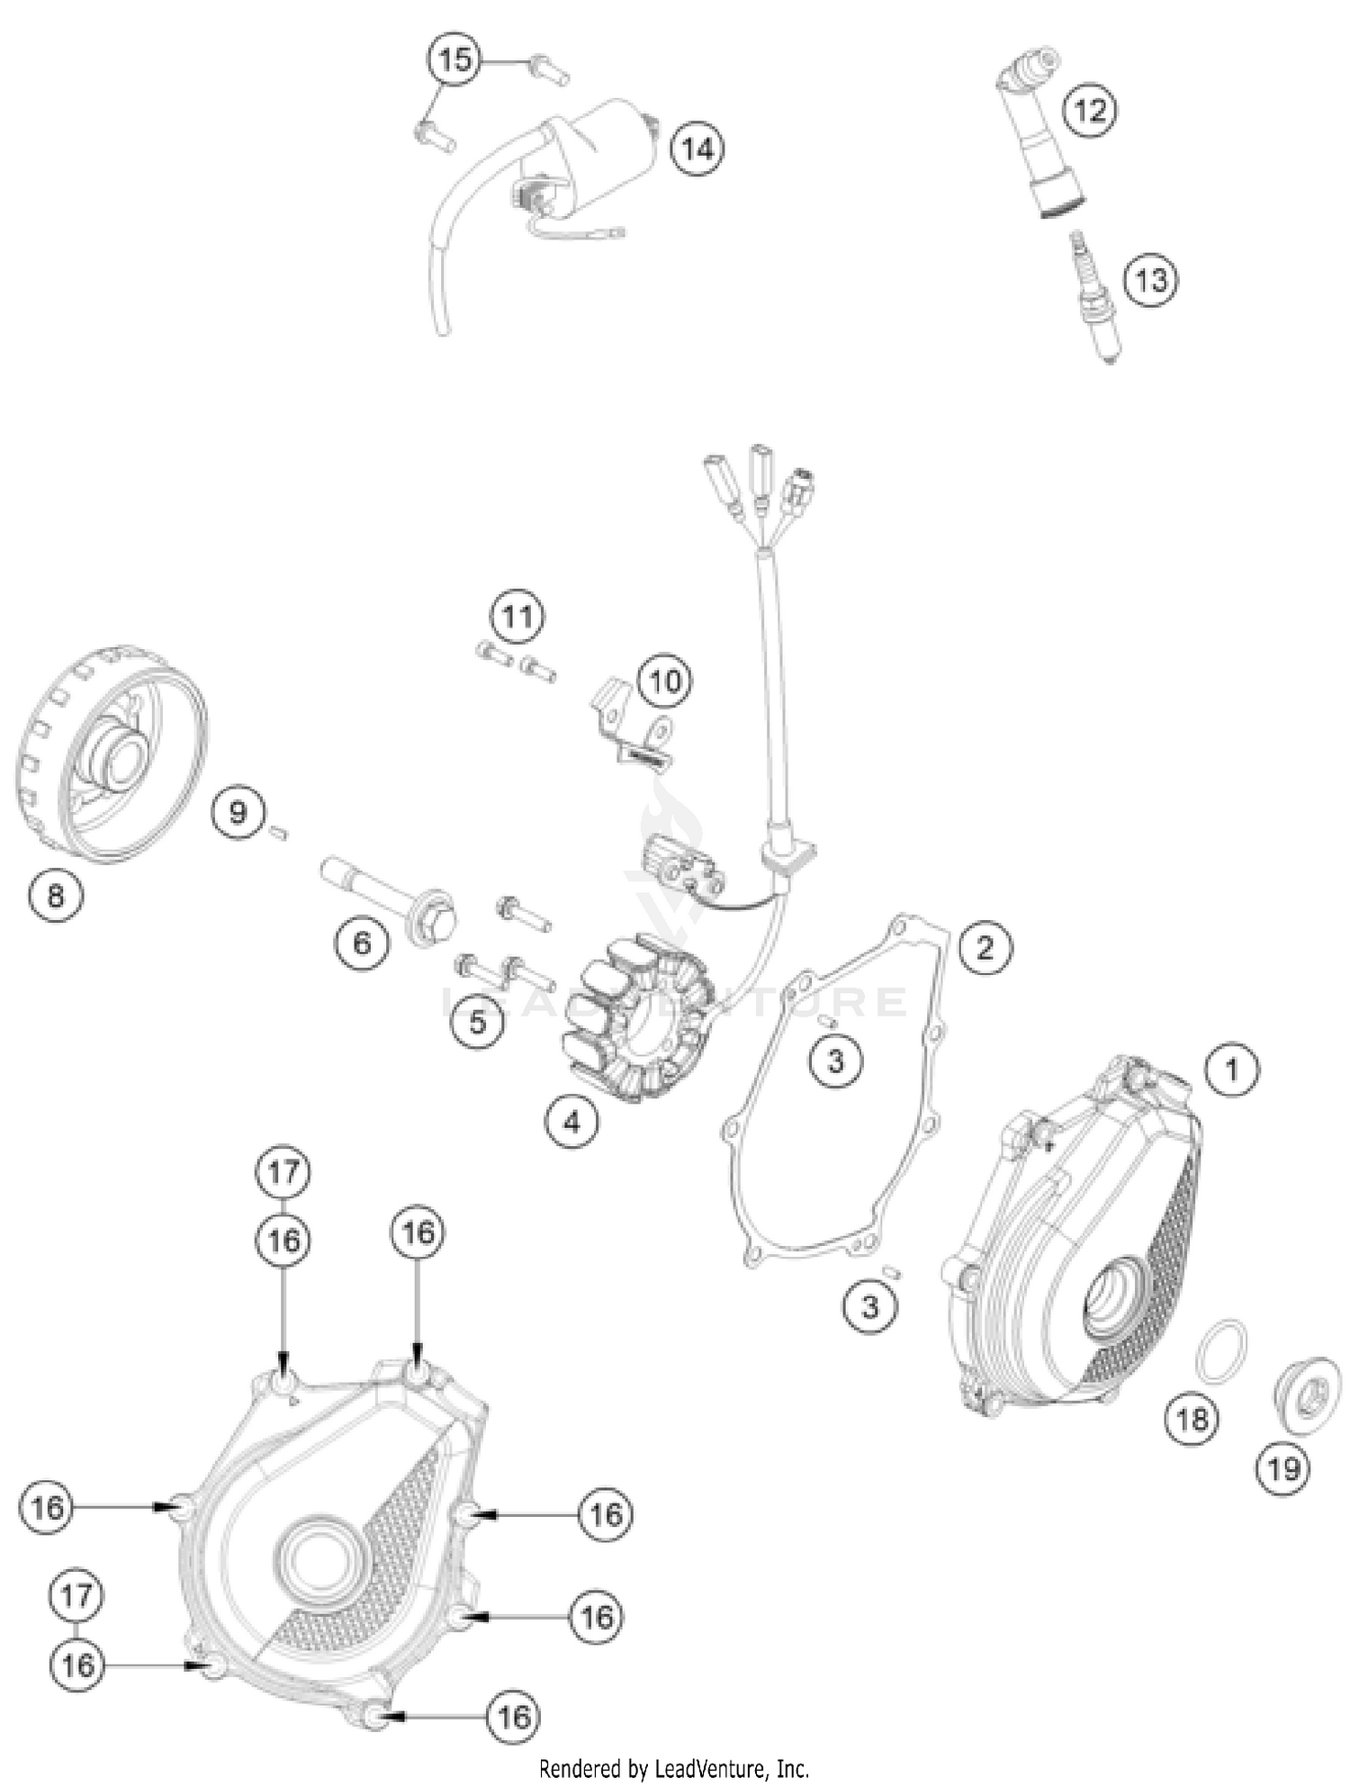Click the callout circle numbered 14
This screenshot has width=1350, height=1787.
click(x=697, y=148)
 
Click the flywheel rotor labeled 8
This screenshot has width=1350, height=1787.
click(x=112, y=756)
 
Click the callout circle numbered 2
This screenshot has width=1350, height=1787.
click(x=985, y=947)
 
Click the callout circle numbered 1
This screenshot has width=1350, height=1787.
click(x=1231, y=1069)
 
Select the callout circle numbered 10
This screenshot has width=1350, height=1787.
click(x=665, y=681)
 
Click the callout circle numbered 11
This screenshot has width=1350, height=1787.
click(x=517, y=617)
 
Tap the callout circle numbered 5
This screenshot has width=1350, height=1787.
click(x=477, y=1021)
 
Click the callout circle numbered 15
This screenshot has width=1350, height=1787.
click(x=454, y=59)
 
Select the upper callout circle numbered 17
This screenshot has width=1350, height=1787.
click(x=283, y=1172)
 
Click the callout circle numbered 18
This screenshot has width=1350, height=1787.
click(x=1192, y=1420)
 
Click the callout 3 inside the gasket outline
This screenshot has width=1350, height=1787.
click(x=835, y=1060)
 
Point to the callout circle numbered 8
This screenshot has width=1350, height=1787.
click(x=56, y=895)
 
